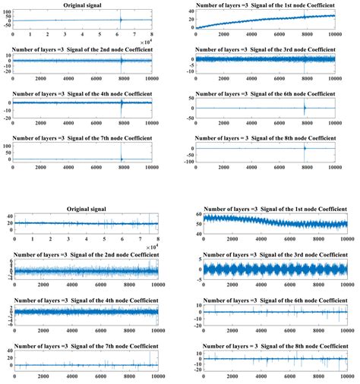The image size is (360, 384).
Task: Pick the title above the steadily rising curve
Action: click(272, 7)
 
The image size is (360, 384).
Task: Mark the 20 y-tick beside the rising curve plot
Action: click(191, 17)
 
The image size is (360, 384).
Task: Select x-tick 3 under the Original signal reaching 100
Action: click(65, 35)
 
